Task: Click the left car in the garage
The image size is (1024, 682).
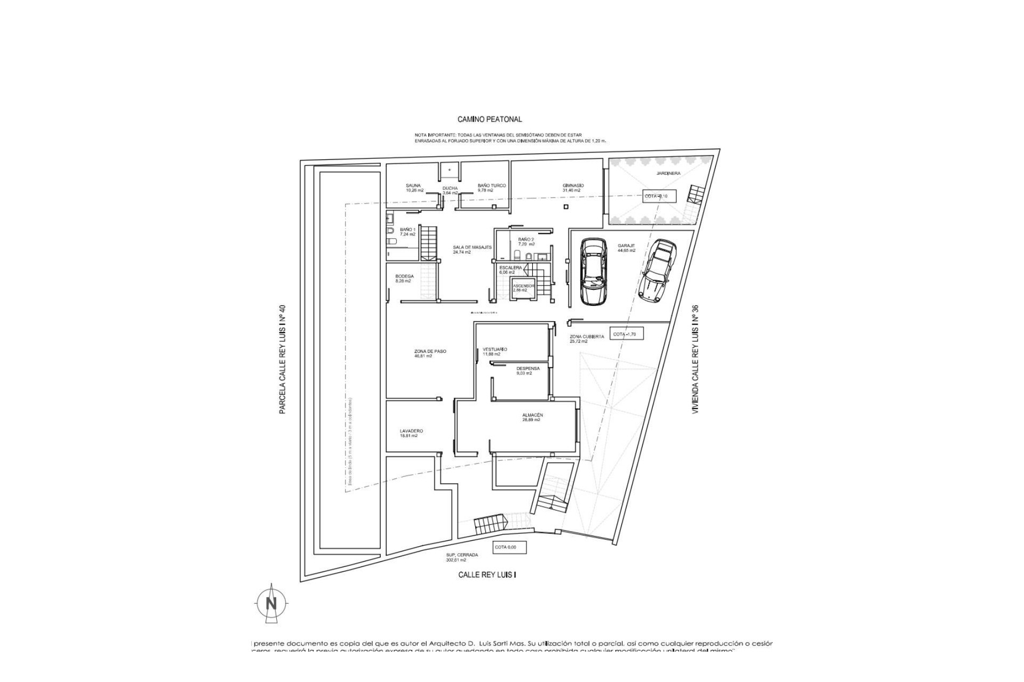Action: click(x=593, y=271)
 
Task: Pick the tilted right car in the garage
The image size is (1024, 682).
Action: click(x=659, y=271)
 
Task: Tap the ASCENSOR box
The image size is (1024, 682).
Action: click(x=523, y=288)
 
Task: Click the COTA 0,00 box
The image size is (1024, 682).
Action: click(x=509, y=547)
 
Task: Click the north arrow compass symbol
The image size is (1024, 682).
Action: click(x=271, y=604)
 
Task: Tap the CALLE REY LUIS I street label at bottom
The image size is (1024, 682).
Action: click(x=487, y=575)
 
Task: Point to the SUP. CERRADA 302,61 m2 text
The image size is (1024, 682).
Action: click(x=462, y=557)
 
